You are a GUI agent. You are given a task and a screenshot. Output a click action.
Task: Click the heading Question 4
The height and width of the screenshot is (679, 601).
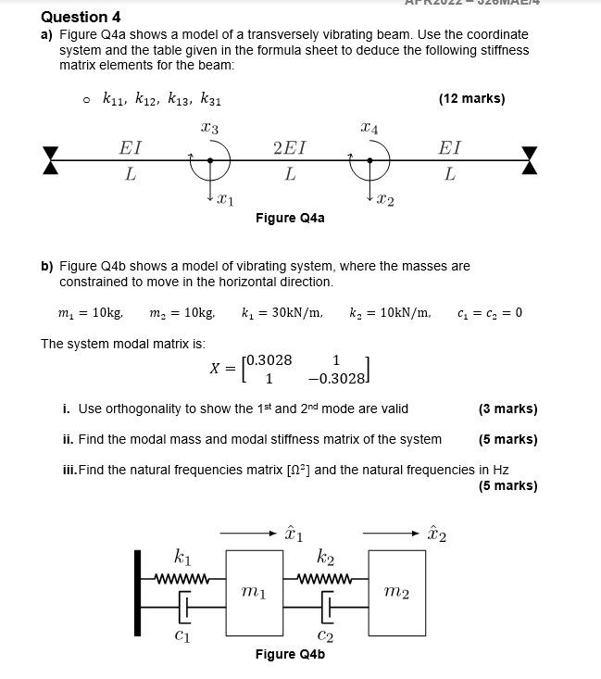tap(81, 17)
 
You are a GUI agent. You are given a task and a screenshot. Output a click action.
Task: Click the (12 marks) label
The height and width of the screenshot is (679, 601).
tap(471, 98)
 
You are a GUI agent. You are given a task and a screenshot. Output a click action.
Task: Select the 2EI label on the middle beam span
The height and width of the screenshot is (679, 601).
tap(289, 147)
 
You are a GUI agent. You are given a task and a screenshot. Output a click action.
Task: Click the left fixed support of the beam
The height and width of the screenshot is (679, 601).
tap(50, 160)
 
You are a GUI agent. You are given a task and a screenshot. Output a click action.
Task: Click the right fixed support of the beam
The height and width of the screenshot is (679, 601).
tap(530, 160)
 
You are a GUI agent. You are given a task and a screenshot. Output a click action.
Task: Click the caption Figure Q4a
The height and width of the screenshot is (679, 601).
tap(290, 218)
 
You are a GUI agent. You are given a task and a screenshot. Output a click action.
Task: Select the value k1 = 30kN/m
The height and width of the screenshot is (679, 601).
tap(282, 312)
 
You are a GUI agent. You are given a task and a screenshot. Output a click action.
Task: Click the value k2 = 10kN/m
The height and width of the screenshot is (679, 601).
tap(390, 312)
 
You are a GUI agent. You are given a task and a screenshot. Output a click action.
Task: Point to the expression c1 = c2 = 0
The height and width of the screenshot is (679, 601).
tap(490, 312)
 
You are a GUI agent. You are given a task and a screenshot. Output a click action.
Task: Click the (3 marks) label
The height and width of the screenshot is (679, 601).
tap(507, 409)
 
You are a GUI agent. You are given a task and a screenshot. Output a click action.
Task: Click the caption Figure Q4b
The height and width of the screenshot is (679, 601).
tap(290, 654)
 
